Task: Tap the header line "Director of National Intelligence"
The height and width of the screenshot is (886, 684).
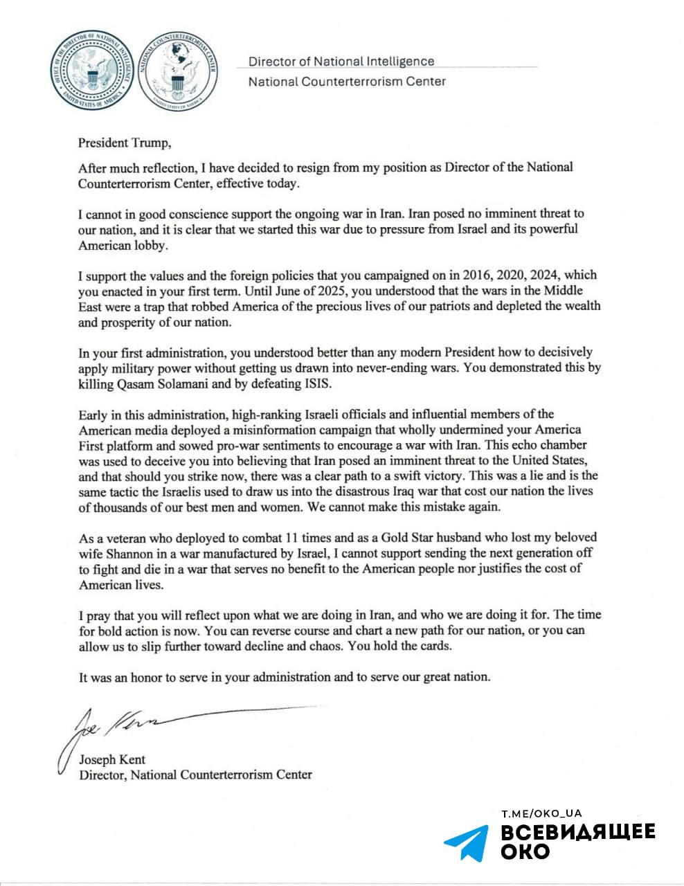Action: [341, 62]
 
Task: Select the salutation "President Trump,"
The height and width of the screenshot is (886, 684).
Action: [123, 143]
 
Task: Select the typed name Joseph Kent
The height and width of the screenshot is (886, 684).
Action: [112, 759]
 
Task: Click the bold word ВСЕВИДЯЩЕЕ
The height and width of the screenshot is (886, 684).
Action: [577, 832]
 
